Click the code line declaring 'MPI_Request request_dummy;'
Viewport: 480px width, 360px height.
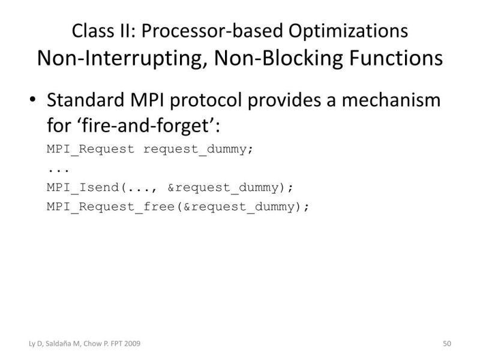150,149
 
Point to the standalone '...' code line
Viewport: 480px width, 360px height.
55,168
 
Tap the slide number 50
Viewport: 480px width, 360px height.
446,343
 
